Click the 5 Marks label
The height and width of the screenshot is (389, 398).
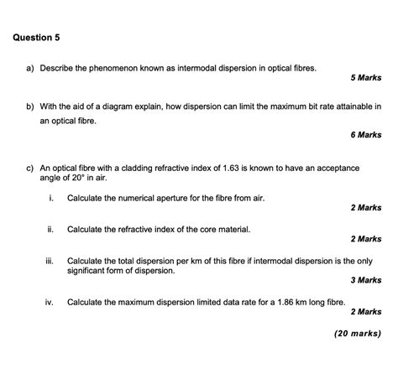coord(366,78)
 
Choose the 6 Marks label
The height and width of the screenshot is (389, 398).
coord(366,134)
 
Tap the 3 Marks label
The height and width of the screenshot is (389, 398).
coord(366,281)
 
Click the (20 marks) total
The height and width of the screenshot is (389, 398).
coord(358,333)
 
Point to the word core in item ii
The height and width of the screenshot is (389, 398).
coord(199,229)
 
